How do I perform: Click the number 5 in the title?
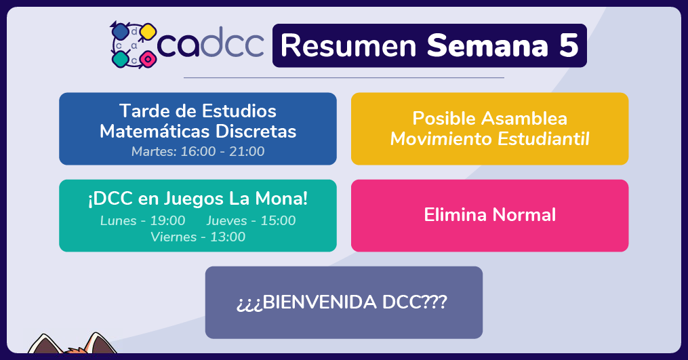pos(569,45)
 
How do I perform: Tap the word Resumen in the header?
pos(348,45)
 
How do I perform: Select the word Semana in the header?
pos(487,45)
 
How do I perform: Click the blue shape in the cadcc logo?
pos(120,32)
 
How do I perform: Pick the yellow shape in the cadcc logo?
pos(148,32)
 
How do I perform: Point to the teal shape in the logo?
pos(120,59)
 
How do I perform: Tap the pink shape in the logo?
pos(148,59)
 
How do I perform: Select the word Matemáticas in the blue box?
pos(155,132)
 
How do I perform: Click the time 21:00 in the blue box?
pos(247,151)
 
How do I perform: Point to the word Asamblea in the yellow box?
pos(525,119)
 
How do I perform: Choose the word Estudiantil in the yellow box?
pos(543,139)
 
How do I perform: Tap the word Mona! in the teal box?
pos(282,199)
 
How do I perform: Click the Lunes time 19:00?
pos(167,220)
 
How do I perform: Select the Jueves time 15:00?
pos(278,220)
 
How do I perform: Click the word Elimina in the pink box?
pos(456,215)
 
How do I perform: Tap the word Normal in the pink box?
pos(524,215)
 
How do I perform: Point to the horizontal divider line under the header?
pos(344,78)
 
